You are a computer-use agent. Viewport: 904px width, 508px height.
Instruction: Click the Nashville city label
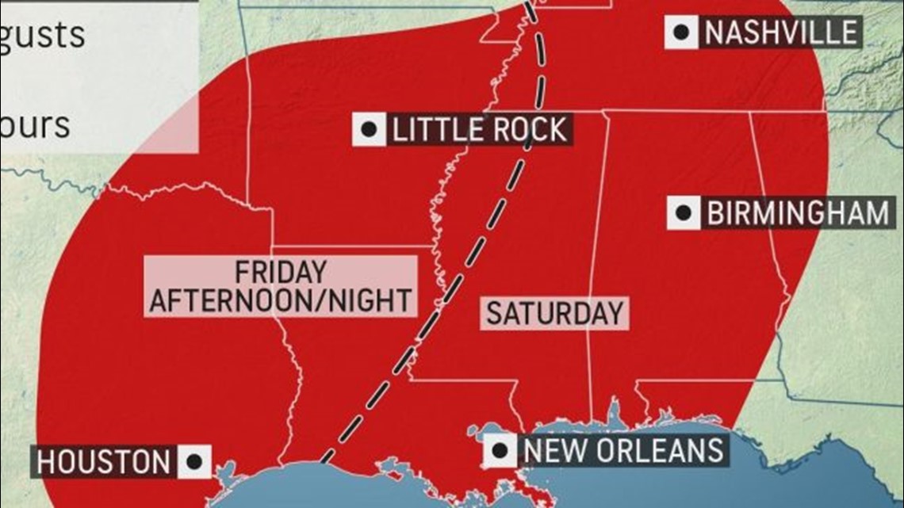780,32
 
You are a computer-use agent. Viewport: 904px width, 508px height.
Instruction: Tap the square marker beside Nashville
680,32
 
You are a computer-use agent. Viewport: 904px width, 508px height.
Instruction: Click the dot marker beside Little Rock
369,129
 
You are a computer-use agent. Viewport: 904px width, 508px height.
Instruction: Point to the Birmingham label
797,213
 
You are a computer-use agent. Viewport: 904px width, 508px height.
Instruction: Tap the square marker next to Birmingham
683,213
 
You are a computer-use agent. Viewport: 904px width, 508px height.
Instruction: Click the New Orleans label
624,450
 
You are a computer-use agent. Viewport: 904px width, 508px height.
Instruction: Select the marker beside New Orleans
500,450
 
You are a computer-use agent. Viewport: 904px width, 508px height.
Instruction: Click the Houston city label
103,462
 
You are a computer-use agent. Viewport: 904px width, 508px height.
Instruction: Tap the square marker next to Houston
193,462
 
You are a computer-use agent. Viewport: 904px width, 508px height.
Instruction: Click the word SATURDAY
554,313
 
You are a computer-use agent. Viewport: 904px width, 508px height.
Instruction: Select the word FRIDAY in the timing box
281,272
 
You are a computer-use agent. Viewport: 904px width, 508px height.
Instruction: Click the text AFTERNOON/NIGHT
281,300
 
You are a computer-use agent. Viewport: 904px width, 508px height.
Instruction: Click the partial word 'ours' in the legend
35,125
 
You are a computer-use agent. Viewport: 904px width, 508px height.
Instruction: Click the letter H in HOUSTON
46,462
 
